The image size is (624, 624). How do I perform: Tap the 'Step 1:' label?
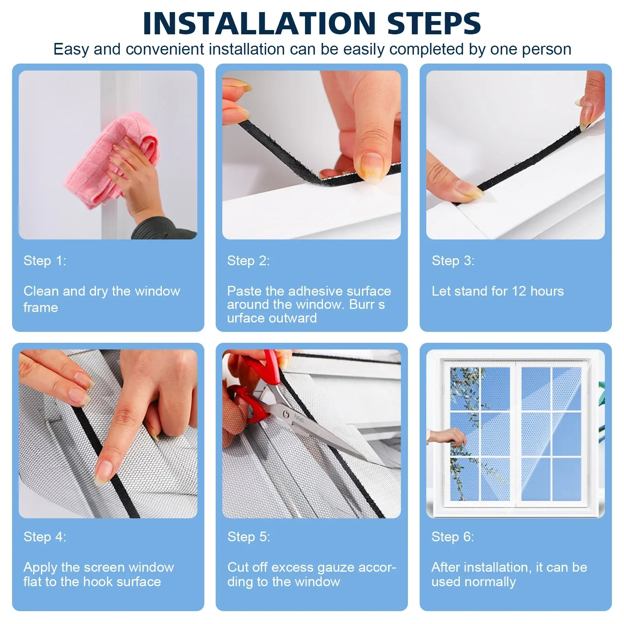(x=45, y=261)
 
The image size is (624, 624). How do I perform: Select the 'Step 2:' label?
(x=248, y=261)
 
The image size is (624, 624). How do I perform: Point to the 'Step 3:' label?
(x=453, y=261)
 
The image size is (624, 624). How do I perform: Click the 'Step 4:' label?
(x=45, y=537)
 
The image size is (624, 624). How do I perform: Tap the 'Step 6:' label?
(x=453, y=537)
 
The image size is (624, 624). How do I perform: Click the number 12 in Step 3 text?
(x=519, y=291)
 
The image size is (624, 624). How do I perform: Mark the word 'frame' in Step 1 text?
(x=41, y=307)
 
